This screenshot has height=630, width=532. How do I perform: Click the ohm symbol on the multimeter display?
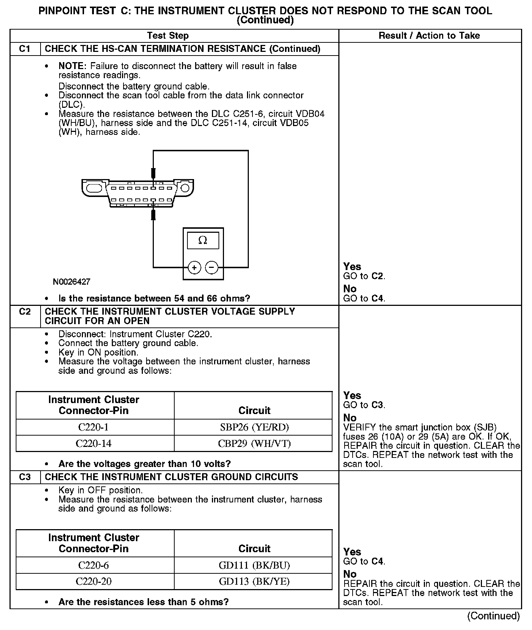203,240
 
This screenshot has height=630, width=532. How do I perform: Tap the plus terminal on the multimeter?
194,267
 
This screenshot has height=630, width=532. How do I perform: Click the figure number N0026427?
72,282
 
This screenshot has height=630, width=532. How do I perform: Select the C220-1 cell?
94,427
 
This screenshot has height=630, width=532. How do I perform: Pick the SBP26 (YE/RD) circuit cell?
254,427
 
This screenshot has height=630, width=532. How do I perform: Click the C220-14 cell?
94,443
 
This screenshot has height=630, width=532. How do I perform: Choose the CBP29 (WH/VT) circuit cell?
254,443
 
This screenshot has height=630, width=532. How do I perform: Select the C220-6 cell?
94,565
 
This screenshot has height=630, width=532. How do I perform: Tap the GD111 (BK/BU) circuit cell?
254,565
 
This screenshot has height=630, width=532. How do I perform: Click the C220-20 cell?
94,581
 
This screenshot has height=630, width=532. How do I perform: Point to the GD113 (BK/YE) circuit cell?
254,581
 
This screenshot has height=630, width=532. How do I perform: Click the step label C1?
25,49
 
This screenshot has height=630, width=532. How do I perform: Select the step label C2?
25,312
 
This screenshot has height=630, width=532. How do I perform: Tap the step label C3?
25,477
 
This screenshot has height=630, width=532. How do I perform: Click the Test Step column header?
168,35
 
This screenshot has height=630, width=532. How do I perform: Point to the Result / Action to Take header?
429,35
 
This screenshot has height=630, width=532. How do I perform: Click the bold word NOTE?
72,66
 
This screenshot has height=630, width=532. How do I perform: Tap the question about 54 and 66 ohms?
154,298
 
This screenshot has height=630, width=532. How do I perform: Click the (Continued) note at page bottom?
493,616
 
